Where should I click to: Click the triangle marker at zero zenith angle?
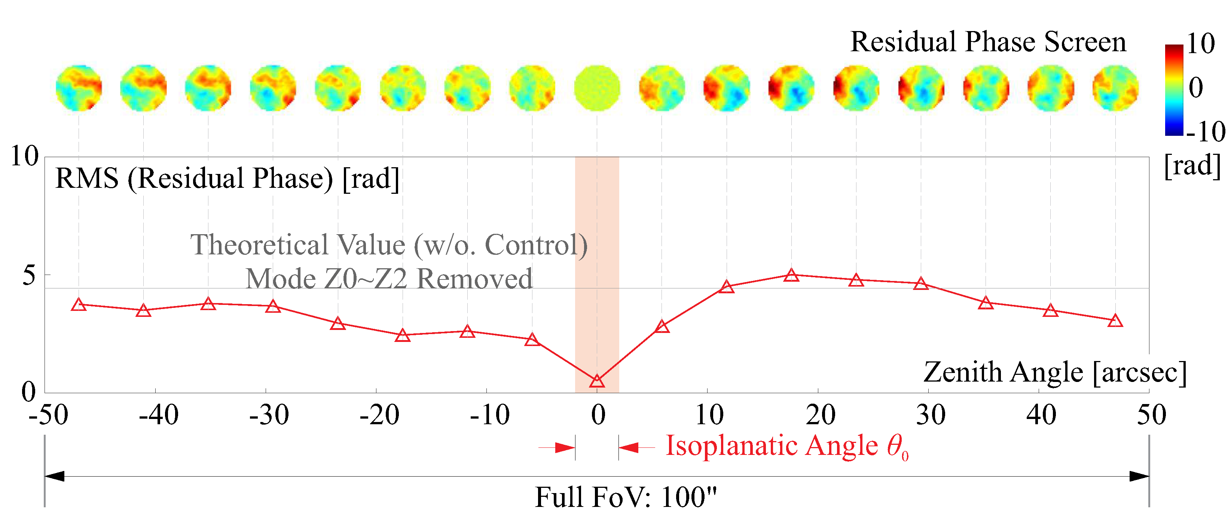[597, 381]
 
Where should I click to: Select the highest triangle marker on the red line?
[791, 275]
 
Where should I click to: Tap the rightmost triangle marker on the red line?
[1115, 321]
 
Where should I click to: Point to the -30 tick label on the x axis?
[269, 415]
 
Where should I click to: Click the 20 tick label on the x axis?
[820, 415]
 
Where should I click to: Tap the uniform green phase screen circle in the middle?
[597, 88]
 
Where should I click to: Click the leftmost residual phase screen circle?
[79, 88]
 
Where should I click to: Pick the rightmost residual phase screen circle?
[1115, 88]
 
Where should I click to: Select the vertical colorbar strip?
[1174, 90]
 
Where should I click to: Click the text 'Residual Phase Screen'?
[988, 42]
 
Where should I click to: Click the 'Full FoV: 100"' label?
[626, 497]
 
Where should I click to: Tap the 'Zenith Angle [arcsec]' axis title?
[1055, 372]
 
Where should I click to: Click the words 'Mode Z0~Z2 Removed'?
[388, 278]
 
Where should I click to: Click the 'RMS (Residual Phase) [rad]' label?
[227, 178]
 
